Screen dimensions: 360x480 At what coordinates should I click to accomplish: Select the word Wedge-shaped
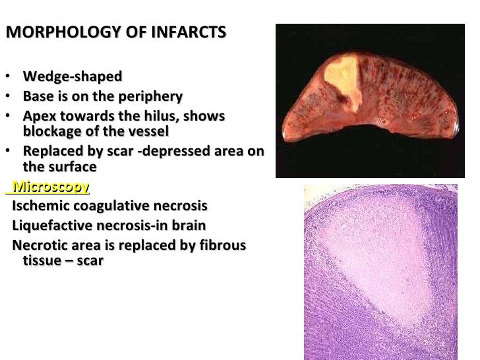pyautogui.click(x=73, y=76)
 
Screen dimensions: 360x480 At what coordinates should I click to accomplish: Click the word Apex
pyautogui.click(x=39, y=117)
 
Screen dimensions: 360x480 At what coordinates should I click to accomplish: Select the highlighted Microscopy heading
pyautogui.click(x=50, y=187)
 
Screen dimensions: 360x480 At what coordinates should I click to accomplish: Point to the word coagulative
pyautogui.click(x=108, y=206)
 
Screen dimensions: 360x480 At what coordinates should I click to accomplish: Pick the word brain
pyautogui.click(x=187, y=225)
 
